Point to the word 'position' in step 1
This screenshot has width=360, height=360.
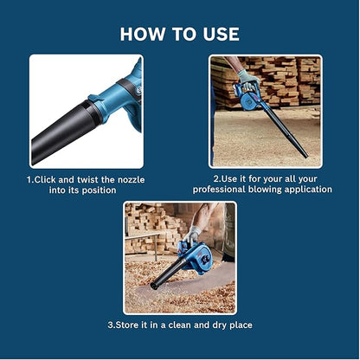pyautogui.click(x=95, y=190)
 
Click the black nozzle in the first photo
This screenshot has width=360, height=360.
pyautogui.click(x=61, y=130)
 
